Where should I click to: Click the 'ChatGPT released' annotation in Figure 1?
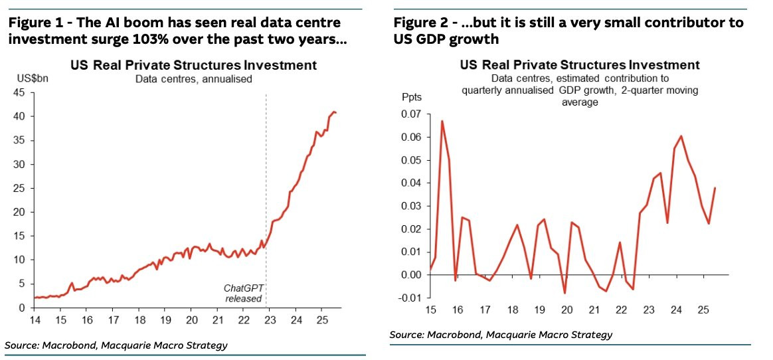pyautogui.click(x=244, y=293)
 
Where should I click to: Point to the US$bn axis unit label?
pyautogui.click(x=28, y=80)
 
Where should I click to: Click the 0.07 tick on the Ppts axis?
pyautogui.click(x=412, y=114)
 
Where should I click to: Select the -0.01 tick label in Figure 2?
pyautogui.click(x=410, y=298)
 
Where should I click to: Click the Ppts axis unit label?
pyautogui.click(x=412, y=96)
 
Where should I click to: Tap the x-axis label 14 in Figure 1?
pyautogui.click(x=35, y=320)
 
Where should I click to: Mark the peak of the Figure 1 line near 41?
pyautogui.click(x=334, y=112)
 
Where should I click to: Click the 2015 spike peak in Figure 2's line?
pyautogui.click(x=442, y=121)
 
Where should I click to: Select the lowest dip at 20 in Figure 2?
pyautogui.click(x=565, y=293)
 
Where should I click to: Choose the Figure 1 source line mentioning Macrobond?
pyautogui.click(x=116, y=345)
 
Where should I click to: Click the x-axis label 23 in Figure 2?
pyautogui.click(x=647, y=310)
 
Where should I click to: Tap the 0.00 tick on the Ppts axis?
pyautogui.click(x=412, y=274)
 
